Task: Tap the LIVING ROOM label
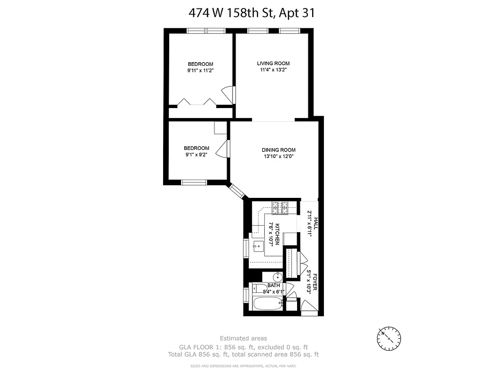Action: pos(273,63)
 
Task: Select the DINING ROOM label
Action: pos(278,150)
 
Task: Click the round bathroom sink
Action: pos(278,277)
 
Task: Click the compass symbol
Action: pos(389,337)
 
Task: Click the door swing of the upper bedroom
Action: pos(228,94)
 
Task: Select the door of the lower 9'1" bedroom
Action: pos(223,149)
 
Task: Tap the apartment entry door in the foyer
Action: pos(308,305)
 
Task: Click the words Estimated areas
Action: pos(243,338)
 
